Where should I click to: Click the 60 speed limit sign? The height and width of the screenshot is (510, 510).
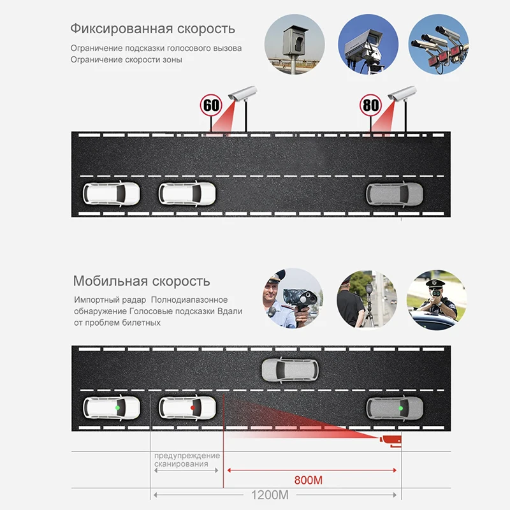pos(210,105)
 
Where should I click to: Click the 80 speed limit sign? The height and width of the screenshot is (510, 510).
pos(370,105)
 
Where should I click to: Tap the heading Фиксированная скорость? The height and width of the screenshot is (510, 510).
pos(152,29)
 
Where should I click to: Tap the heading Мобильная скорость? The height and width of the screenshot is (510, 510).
pos(141,281)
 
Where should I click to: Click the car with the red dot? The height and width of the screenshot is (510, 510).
pos(187,406)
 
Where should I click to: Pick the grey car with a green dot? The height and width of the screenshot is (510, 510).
pos(393,407)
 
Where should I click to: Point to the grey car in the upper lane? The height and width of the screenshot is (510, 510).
pos(291,368)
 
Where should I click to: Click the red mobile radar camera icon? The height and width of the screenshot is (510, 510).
pos(390,440)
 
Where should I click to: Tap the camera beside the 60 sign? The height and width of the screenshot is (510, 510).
pos(241,94)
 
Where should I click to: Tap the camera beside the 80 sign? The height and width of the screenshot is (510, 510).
pos(402,94)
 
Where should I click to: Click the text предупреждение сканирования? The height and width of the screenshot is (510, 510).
pos(187,460)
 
